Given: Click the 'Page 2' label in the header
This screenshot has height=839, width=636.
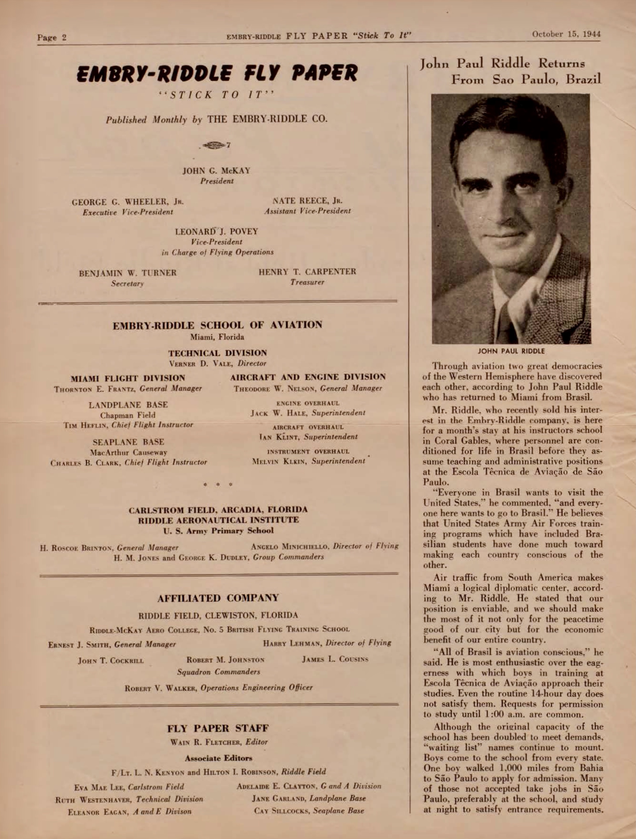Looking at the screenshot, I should (x=52, y=37).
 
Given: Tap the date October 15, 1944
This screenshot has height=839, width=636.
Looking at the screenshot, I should (x=566, y=34).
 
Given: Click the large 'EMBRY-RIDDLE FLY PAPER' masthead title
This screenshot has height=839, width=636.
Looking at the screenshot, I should (x=217, y=73).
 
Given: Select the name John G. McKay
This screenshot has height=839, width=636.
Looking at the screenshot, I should (x=217, y=171).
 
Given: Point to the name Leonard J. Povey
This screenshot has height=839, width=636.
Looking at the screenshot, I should (x=217, y=231).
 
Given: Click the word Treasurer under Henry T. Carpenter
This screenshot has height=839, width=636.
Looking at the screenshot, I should (x=307, y=282).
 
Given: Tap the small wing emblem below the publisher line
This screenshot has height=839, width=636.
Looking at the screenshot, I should (x=216, y=145).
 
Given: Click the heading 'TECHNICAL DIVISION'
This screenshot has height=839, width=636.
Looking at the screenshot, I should (x=218, y=353).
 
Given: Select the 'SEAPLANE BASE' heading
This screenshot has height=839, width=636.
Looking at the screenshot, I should (x=128, y=442).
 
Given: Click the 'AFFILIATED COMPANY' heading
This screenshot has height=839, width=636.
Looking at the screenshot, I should (x=218, y=598).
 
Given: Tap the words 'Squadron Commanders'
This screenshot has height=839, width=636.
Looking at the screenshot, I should (x=219, y=672).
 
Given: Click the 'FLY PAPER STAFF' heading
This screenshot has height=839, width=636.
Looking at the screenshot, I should (x=218, y=729).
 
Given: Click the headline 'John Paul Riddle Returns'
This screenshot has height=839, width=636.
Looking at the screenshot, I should (x=503, y=63).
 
